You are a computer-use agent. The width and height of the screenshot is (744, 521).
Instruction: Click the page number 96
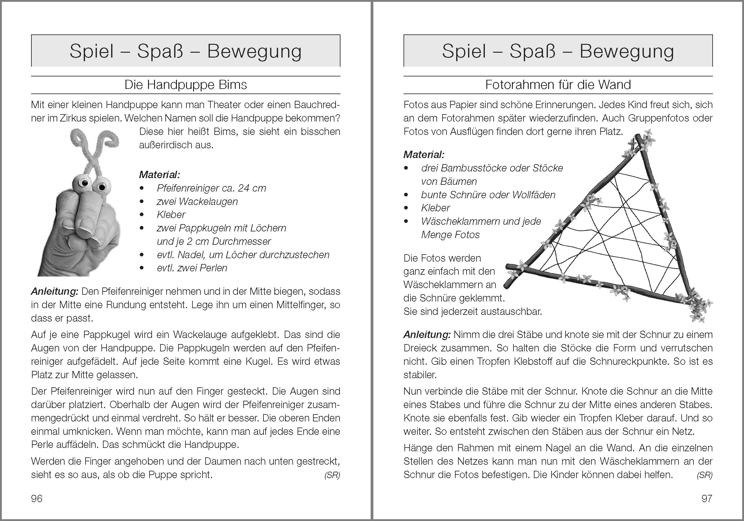(x=37, y=498)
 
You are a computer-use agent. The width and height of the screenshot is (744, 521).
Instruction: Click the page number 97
(x=707, y=498)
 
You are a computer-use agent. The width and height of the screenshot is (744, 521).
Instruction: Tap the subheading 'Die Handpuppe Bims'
(x=185, y=85)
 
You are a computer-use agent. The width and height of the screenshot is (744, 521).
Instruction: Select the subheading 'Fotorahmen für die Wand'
(x=558, y=85)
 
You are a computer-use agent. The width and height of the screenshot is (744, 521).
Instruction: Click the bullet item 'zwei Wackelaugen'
(x=197, y=202)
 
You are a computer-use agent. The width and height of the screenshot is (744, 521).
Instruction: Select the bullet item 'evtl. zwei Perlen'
(x=192, y=268)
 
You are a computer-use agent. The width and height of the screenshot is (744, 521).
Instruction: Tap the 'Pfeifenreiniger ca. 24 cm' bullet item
(x=211, y=188)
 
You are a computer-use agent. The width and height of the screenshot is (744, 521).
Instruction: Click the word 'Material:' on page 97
(x=424, y=155)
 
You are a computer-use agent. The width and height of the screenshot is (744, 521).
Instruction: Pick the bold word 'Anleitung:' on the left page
(x=55, y=292)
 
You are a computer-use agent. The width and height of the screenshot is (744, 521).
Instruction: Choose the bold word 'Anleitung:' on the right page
(x=427, y=335)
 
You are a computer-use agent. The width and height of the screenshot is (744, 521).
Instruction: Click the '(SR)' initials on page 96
(x=332, y=475)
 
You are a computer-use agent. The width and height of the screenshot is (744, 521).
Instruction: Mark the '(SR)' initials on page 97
(x=704, y=475)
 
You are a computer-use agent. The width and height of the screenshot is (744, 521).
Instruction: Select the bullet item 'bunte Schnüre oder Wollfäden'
(x=488, y=195)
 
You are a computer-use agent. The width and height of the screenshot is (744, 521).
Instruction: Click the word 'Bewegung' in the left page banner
(x=254, y=51)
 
